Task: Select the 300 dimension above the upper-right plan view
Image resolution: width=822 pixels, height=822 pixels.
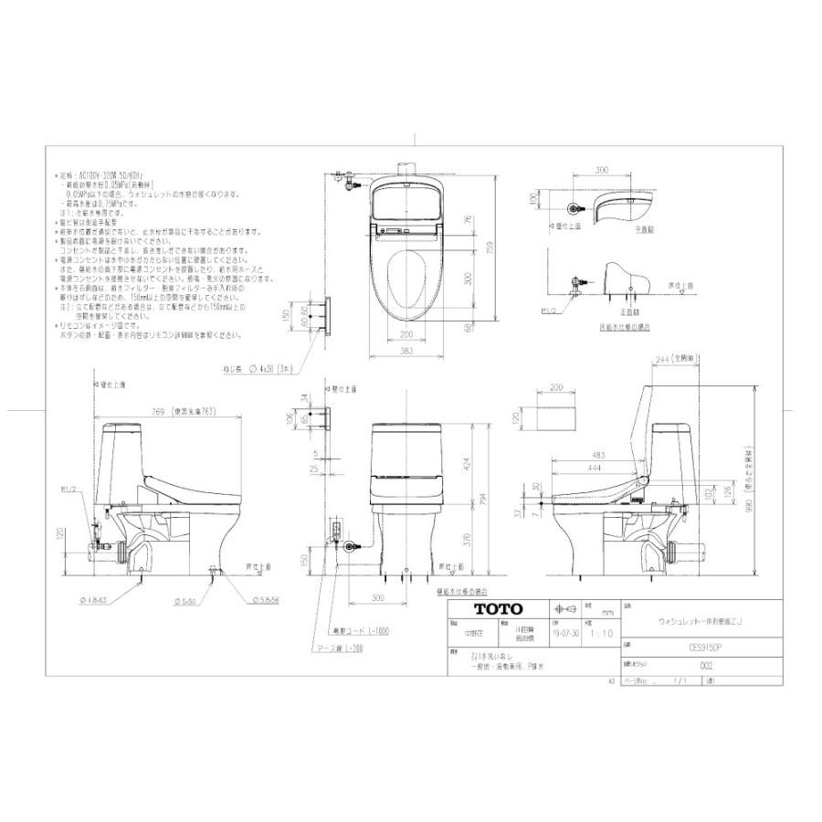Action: coord(601,170)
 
